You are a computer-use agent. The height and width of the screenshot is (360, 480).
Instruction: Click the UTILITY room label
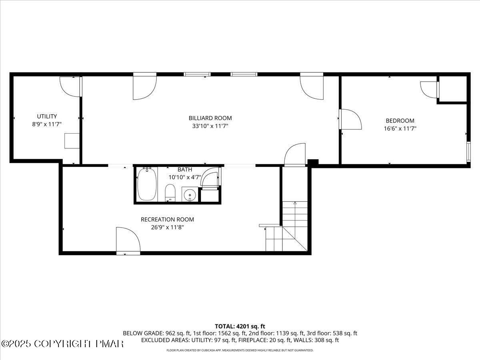(x=47, y=116)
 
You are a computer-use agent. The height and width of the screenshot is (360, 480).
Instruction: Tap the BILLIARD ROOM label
(x=210, y=118)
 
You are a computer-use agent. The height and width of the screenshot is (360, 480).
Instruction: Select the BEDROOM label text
(x=400, y=120)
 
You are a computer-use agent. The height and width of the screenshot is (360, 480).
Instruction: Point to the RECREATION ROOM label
(x=167, y=219)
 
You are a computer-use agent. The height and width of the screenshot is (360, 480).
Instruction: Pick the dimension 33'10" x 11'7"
(x=210, y=126)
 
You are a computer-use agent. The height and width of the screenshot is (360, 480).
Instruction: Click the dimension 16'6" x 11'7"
(x=400, y=128)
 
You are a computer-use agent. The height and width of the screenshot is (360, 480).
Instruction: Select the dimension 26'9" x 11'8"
(x=167, y=227)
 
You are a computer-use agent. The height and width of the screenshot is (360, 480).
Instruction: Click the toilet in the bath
(x=170, y=192)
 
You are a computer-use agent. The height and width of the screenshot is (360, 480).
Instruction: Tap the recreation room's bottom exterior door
(x=128, y=240)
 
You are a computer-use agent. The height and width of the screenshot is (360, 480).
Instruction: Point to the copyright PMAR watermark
(x=62, y=343)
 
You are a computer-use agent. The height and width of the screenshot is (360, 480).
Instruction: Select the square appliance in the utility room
(x=72, y=141)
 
